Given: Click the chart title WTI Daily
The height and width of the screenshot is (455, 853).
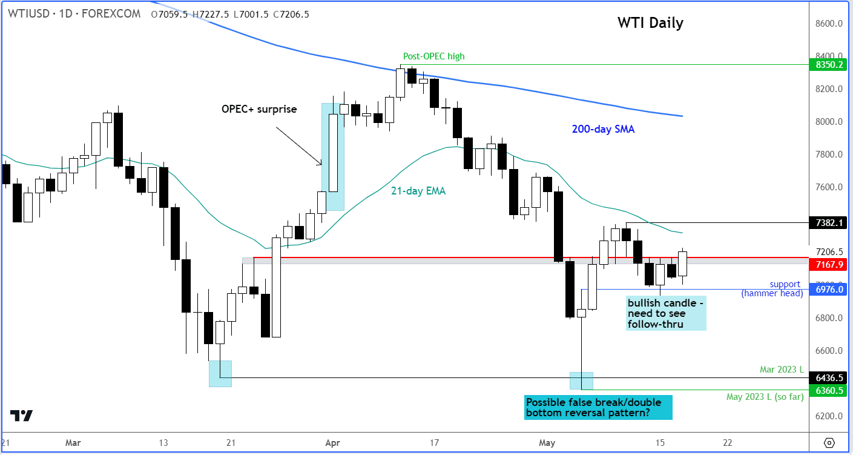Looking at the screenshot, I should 650,23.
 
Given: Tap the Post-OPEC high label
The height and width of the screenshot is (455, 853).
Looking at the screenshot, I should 433,56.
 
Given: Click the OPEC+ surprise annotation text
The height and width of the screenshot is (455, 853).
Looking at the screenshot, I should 259,110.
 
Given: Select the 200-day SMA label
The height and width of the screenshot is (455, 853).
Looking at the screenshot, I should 603,129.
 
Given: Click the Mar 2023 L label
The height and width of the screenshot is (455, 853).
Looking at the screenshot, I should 782,369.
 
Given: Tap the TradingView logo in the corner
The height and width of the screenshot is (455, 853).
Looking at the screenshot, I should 21,416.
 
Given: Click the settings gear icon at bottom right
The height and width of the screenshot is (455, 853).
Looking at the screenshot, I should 829,442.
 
